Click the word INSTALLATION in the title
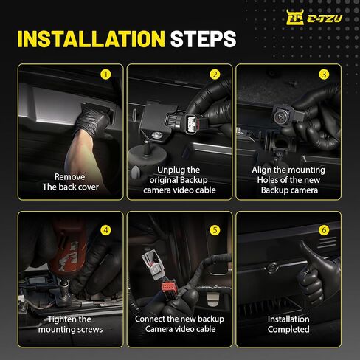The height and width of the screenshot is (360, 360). (x=91, y=39)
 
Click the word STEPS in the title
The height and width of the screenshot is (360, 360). (x=203, y=39)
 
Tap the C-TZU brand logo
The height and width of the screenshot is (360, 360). (x=314, y=17)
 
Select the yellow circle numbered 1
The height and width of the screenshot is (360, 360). (x=105, y=75)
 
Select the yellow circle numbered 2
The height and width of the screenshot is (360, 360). (x=215, y=75)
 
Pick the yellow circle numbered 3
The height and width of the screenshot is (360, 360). (x=324, y=75)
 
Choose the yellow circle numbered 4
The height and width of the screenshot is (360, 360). (x=105, y=230)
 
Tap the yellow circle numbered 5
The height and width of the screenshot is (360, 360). (x=215, y=230)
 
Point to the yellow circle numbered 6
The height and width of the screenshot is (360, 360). (x=324, y=230)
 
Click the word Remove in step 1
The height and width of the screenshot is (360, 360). (x=69, y=177)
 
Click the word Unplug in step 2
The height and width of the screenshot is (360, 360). (x=169, y=170)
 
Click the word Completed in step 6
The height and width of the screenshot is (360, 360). (x=288, y=330)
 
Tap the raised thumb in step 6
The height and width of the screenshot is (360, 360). (x=306, y=253)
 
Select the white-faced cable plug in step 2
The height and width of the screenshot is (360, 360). (x=193, y=123)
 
